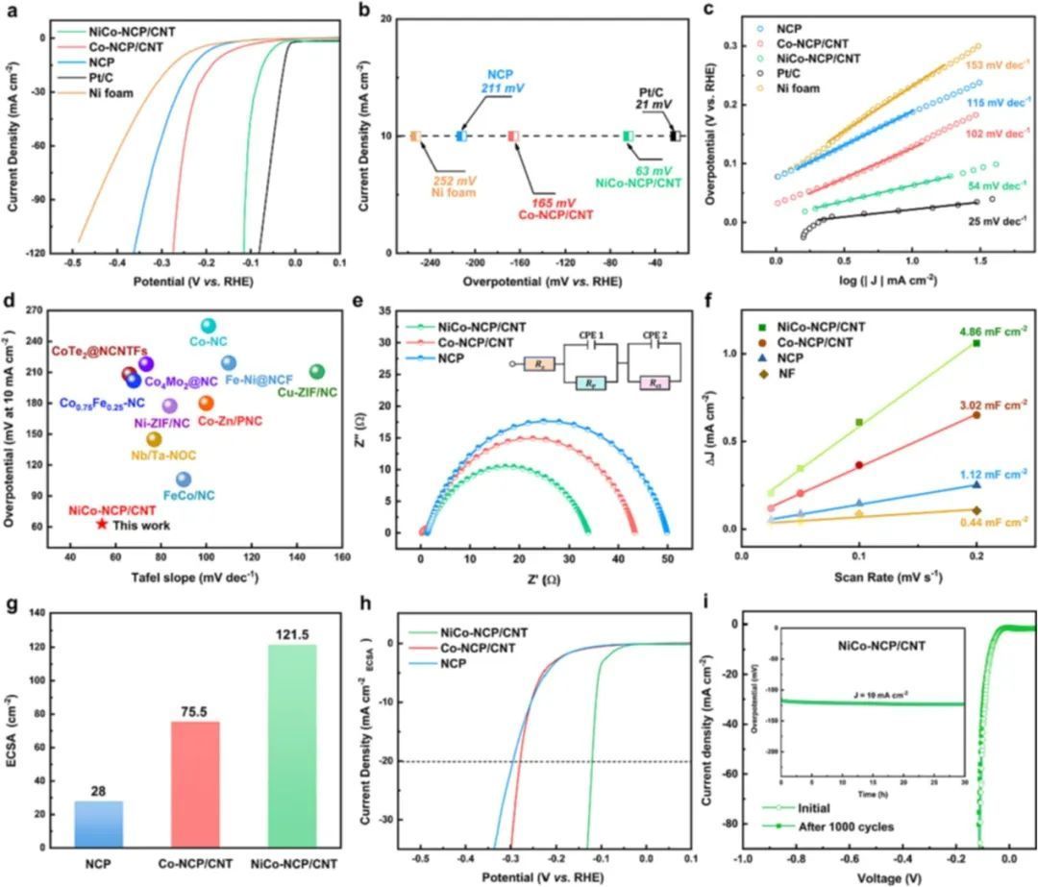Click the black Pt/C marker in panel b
click(676, 136)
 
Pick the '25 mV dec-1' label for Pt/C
click(999, 220)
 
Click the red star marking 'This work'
click(102, 524)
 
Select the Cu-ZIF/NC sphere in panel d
click(316, 372)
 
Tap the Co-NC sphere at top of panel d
click(208, 326)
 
